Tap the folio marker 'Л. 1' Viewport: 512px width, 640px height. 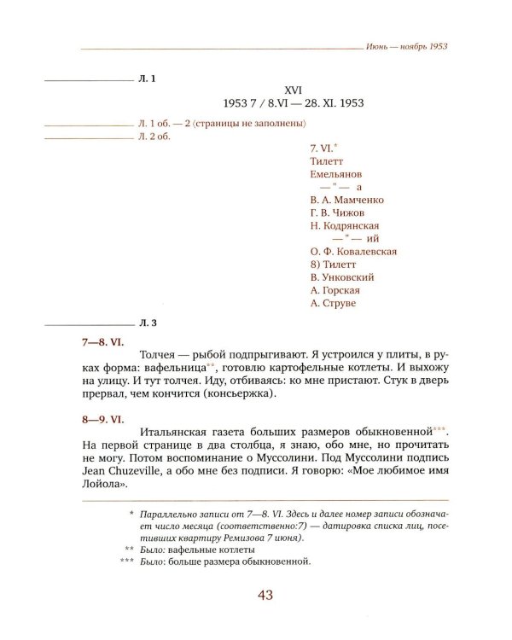point(146,79)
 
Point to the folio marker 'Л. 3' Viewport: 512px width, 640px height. point(146,323)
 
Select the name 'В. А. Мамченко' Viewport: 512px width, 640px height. point(348,200)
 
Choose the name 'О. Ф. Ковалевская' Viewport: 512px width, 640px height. point(354,252)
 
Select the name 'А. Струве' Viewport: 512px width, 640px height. point(334,303)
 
